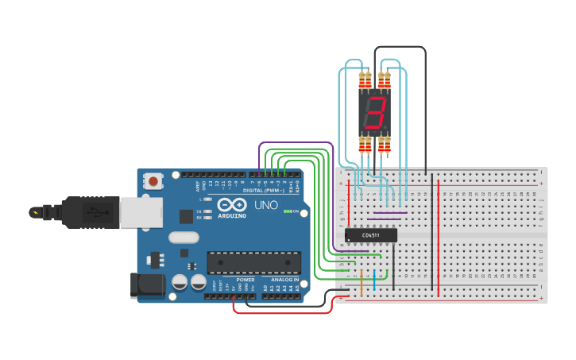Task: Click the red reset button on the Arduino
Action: click(x=152, y=182)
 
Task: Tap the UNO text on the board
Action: click(x=265, y=205)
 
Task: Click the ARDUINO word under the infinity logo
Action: click(x=231, y=215)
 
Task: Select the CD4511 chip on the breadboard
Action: click(x=370, y=235)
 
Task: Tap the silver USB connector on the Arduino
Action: click(x=141, y=212)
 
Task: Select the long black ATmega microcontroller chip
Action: click(x=253, y=262)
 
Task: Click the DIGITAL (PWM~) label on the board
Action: click(x=265, y=191)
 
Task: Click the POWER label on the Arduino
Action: click(x=245, y=280)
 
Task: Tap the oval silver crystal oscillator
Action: click(x=184, y=237)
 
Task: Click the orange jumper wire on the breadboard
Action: click(x=361, y=283)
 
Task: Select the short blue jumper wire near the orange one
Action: click(x=374, y=281)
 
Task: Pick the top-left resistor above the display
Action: click(x=365, y=80)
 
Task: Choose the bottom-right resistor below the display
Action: click(x=385, y=144)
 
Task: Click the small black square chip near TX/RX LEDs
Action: click(x=186, y=215)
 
